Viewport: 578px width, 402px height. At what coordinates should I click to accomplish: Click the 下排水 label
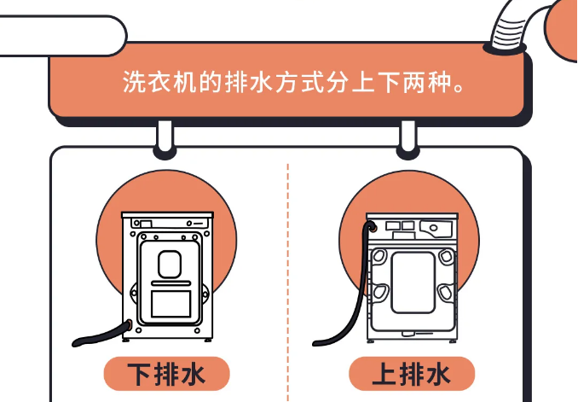168,374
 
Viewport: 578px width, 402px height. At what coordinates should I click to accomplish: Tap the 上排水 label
411,374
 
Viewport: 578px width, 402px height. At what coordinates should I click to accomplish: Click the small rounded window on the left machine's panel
169,264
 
